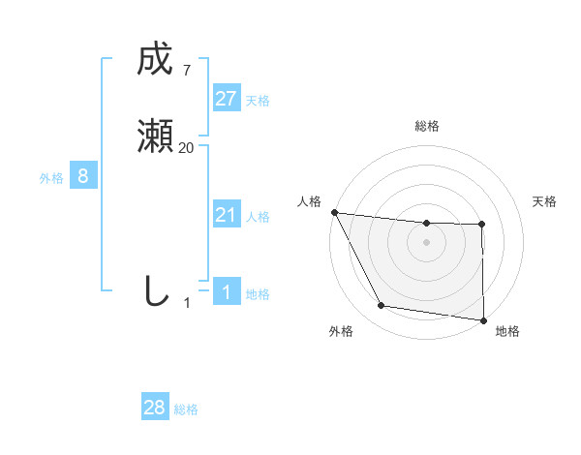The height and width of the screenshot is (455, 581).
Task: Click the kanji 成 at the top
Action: point(154,61)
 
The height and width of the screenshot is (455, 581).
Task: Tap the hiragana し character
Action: point(155,290)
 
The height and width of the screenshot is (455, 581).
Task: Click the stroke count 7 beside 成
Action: point(186,71)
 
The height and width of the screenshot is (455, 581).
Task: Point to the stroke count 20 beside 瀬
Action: point(186,148)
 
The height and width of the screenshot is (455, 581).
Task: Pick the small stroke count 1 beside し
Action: point(187,303)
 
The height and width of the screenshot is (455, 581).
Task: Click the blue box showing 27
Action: point(226,99)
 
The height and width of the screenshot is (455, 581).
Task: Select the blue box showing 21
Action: point(226,215)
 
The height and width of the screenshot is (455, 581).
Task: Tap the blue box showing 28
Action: point(154,408)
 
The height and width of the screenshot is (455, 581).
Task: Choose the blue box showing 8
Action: point(83,176)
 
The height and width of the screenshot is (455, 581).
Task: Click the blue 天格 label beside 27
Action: point(258,101)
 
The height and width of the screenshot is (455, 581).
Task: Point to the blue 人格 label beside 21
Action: point(258,217)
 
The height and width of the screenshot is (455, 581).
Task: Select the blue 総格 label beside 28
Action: point(186,409)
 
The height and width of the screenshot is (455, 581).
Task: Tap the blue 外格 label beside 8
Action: point(51,178)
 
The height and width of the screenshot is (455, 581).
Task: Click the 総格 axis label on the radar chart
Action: point(426,126)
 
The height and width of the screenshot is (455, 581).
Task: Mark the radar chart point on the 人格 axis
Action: point(334,212)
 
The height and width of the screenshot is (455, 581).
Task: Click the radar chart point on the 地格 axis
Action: point(483,319)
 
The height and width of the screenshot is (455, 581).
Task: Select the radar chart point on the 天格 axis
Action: point(482,225)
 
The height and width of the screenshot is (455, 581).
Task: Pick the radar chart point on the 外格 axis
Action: point(381,306)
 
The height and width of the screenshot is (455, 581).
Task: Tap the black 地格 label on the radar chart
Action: point(507,332)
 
